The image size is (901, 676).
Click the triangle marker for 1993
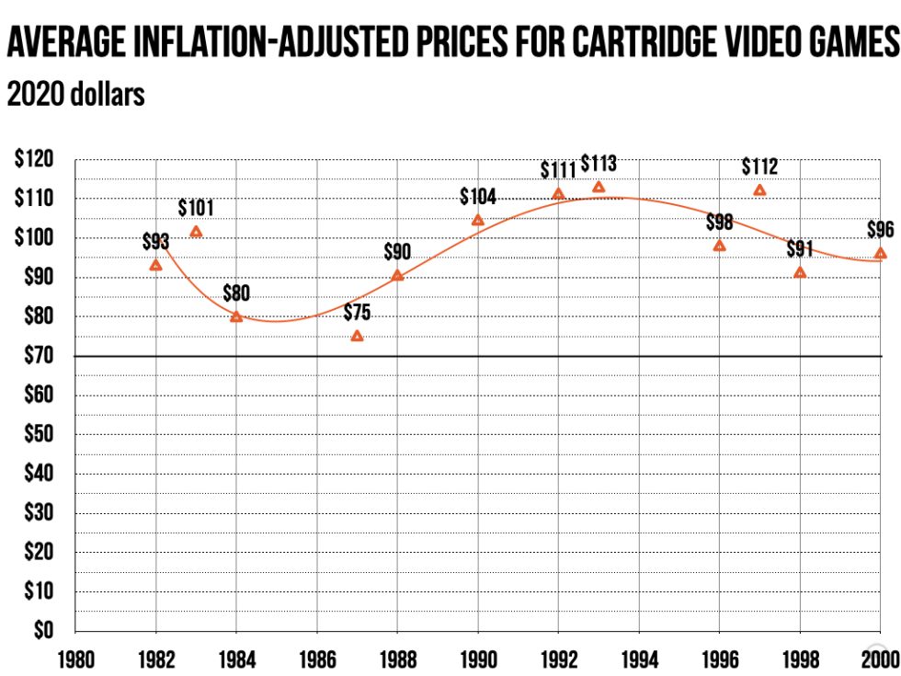[599, 187]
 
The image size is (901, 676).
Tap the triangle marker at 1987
[357, 336]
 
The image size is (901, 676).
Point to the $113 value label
[599, 164]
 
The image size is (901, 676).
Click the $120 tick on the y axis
[34, 159]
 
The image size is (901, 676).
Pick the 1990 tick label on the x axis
[478, 659]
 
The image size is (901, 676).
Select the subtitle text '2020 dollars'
[75, 94]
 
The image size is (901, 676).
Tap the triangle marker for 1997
[759, 190]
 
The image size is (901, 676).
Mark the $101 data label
[196, 208]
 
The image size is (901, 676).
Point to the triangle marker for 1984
[236, 316]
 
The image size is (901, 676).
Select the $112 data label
[760, 166]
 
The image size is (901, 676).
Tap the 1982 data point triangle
[156, 265]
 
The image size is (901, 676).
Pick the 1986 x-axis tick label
[316, 659]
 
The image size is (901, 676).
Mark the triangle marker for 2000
[880, 254]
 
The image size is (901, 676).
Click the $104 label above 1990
[478, 196]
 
